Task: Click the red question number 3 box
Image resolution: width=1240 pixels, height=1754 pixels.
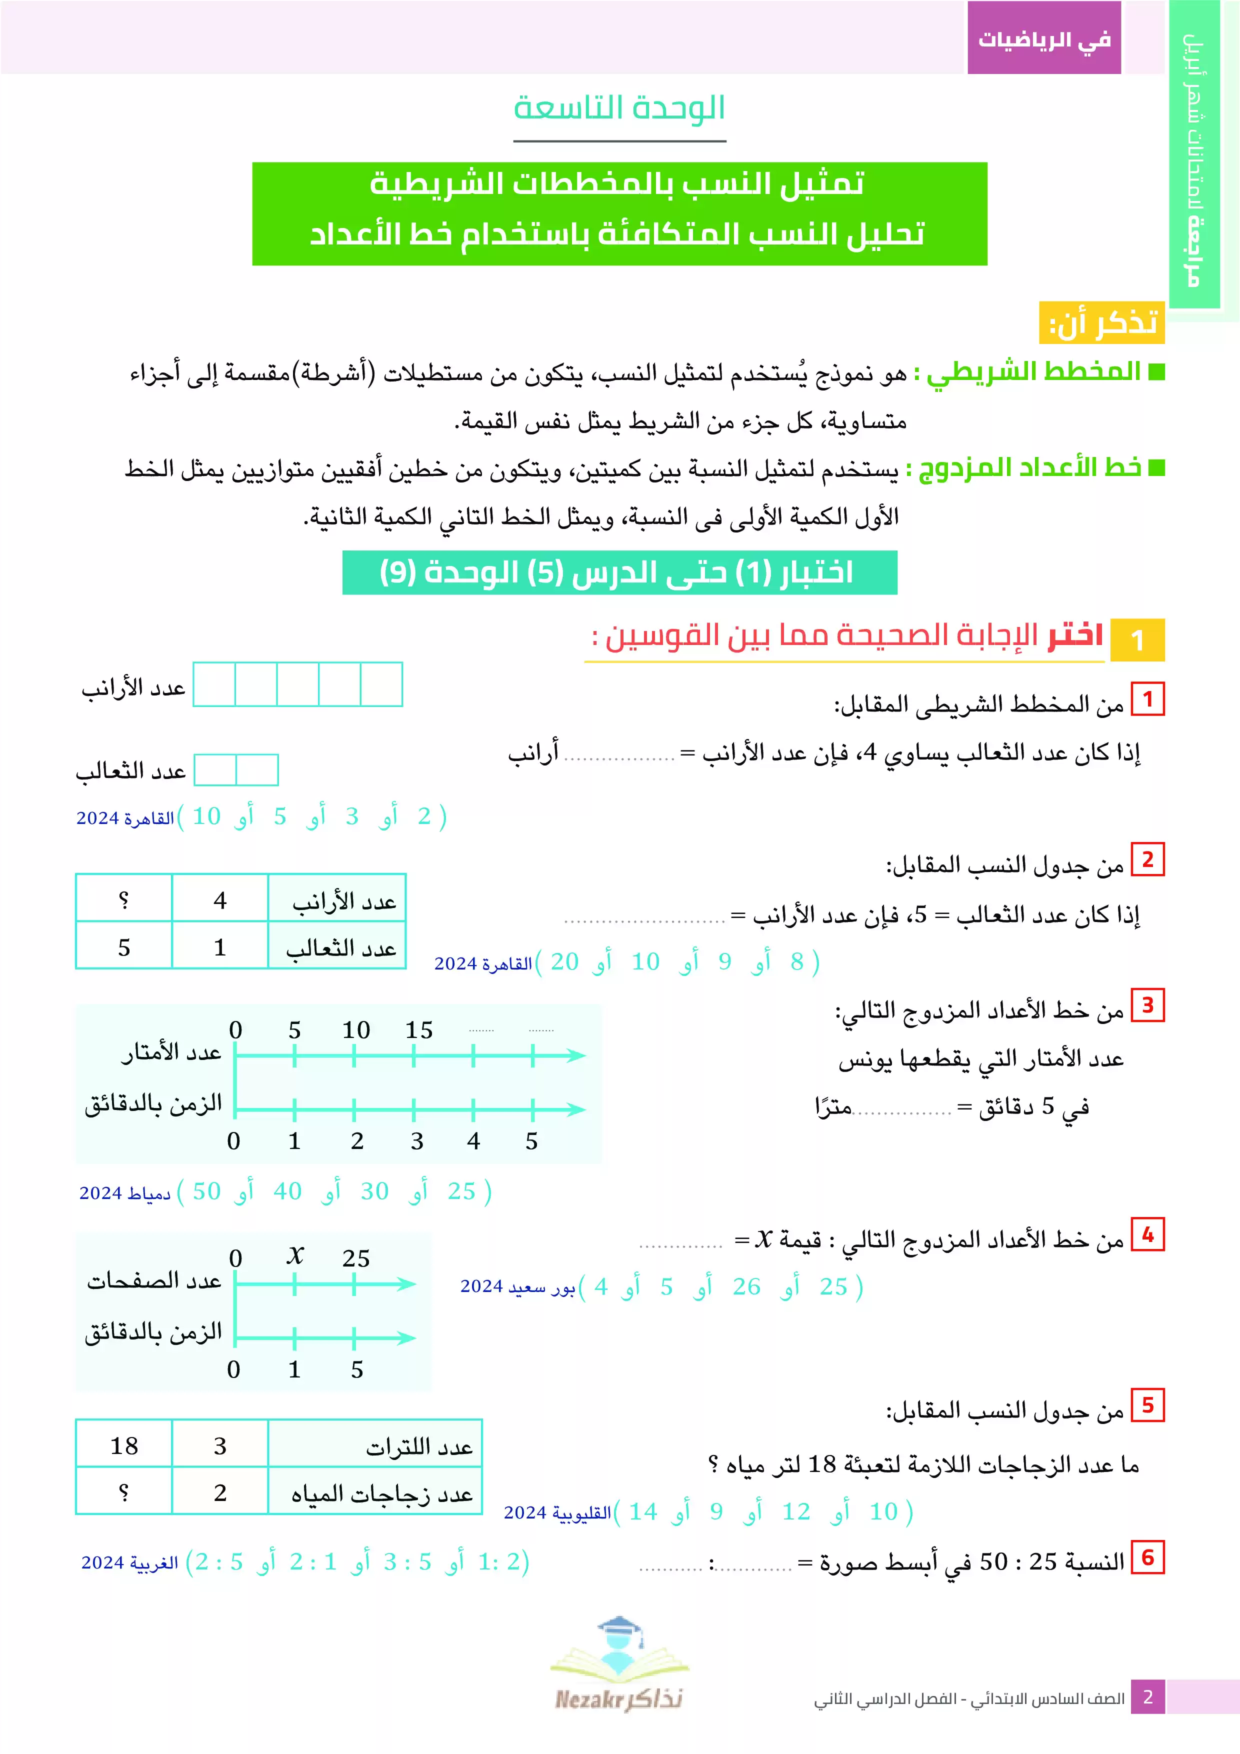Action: [1147, 1005]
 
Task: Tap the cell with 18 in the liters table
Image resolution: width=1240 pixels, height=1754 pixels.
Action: [124, 1445]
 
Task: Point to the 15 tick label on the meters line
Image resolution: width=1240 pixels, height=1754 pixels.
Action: [418, 1030]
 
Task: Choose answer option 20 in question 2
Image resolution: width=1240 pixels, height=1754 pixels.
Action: [564, 962]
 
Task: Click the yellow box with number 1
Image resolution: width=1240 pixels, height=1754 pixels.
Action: [1137, 639]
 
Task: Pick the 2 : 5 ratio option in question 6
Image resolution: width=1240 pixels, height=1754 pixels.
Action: [219, 1562]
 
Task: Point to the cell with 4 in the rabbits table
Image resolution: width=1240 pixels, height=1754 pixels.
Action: [220, 900]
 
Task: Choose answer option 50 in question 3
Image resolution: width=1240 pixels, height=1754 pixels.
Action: [206, 1191]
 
